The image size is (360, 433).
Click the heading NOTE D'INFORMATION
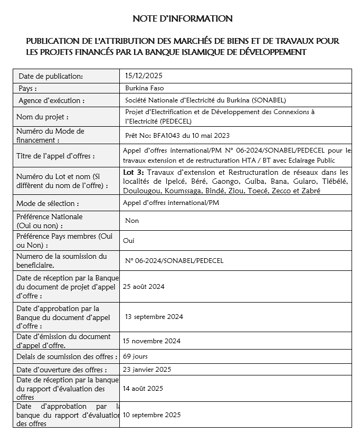(182, 19)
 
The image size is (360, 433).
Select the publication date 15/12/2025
(140, 76)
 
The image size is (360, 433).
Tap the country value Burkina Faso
(144, 88)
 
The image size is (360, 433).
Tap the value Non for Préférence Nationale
(131, 221)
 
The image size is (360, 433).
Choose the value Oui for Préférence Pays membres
(129, 240)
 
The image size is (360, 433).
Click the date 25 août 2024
(144, 287)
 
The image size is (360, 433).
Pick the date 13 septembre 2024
(154, 317)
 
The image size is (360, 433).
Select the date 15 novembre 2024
(151, 341)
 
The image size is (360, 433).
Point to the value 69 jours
(135, 356)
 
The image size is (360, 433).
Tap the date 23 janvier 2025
(147, 369)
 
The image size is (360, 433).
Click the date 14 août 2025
(143, 388)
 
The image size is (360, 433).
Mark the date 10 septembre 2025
(151, 415)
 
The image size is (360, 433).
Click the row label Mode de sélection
(48, 203)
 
